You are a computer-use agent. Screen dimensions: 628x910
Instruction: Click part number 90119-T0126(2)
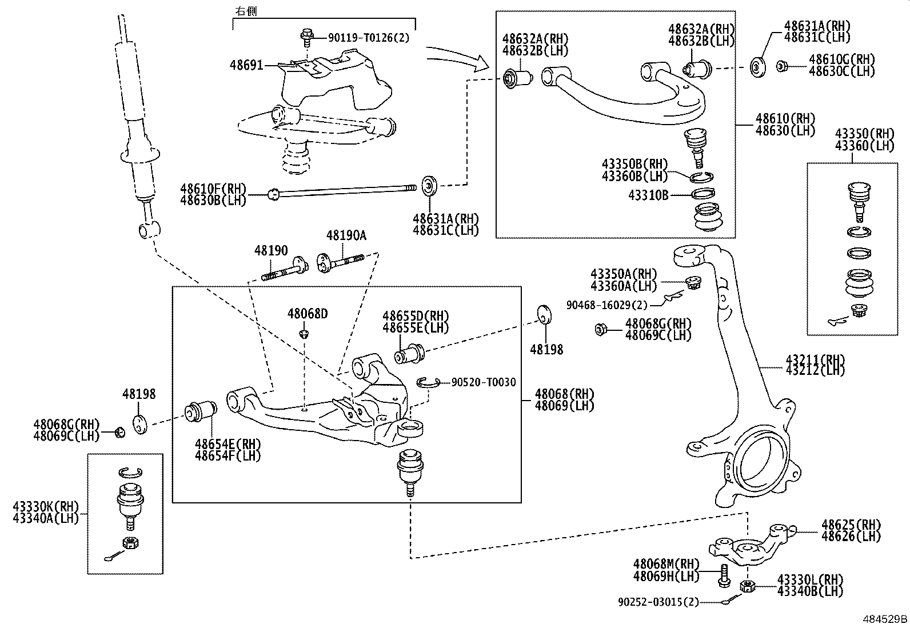click(x=369, y=38)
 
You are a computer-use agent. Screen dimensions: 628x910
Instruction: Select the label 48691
click(x=246, y=65)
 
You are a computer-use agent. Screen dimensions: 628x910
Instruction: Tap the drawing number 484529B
click(x=885, y=619)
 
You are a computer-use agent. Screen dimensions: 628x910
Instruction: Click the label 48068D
click(x=308, y=314)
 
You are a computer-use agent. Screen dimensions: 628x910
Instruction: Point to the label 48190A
click(x=346, y=235)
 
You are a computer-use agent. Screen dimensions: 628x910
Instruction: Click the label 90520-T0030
click(x=483, y=382)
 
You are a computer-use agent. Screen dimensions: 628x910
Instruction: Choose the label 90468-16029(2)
click(x=607, y=305)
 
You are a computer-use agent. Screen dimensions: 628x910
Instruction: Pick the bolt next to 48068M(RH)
click(x=723, y=575)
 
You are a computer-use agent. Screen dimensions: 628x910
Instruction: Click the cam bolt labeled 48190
click(x=285, y=271)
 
